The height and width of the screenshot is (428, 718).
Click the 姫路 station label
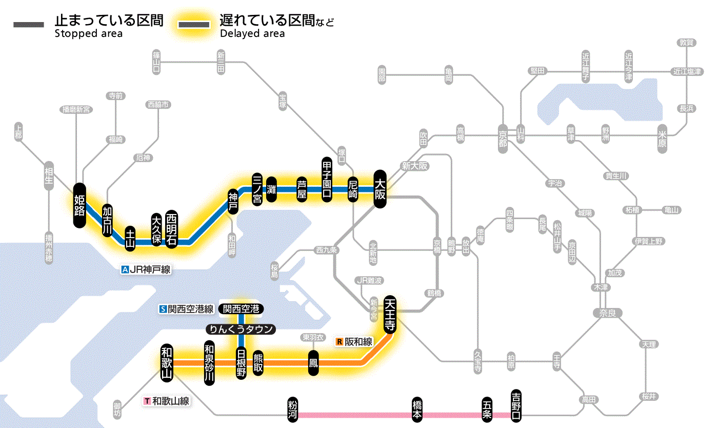79,205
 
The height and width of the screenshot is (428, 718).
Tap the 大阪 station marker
380,189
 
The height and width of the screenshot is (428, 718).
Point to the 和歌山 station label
167,362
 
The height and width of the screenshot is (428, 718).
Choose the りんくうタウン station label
241,329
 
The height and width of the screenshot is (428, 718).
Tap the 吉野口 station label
516,405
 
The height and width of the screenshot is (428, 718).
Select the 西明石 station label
171,230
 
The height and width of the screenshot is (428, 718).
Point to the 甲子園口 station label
327,179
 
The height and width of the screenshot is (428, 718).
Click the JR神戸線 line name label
146,269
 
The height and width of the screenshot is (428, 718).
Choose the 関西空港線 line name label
187,309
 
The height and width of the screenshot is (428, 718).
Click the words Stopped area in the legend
89,34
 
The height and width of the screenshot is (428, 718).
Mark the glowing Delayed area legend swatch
194,25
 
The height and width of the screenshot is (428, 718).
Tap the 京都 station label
503,137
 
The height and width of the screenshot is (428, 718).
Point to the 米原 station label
662,139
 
